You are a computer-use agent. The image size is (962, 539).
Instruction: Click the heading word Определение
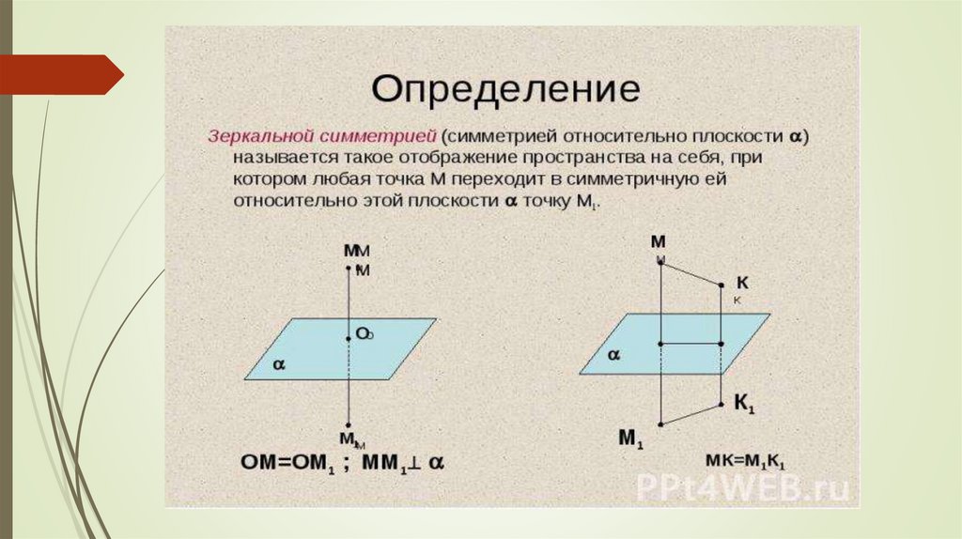506,90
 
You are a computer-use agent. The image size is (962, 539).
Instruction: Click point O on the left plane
348,339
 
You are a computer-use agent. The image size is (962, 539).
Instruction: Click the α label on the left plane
278,365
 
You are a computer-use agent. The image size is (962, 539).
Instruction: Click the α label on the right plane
613,356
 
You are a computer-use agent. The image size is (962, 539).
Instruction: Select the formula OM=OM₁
287,462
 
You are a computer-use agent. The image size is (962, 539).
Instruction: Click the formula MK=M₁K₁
745,461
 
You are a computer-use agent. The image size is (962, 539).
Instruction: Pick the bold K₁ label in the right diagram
744,405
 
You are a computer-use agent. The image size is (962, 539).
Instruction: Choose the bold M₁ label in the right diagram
629,438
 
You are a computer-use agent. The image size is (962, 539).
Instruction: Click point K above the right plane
721,285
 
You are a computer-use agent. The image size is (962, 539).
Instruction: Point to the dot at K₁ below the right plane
721,405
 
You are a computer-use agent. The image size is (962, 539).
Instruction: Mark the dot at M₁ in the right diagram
661,425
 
